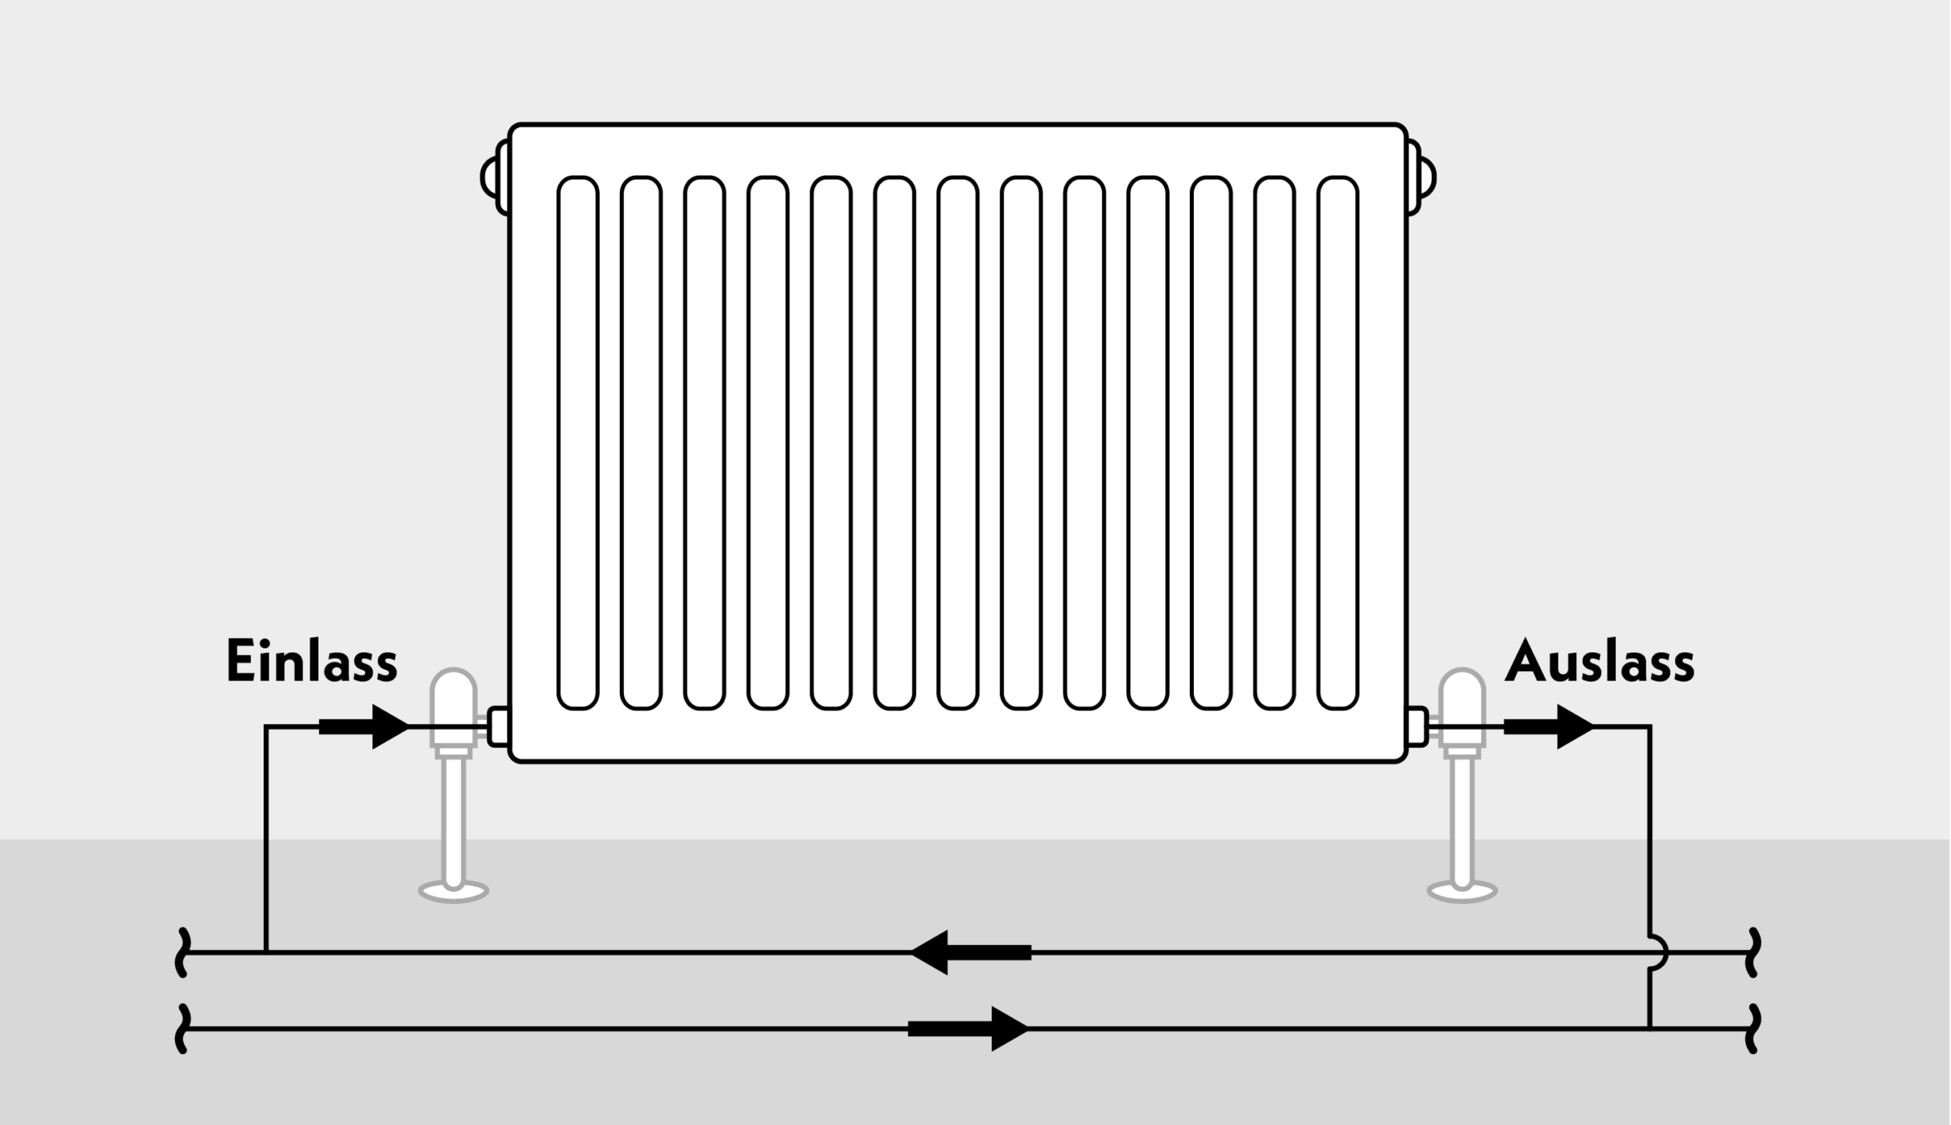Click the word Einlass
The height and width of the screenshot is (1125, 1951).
tap(312, 662)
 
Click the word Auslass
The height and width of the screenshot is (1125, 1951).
tap(1599, 662)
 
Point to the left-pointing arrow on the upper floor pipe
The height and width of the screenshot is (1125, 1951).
tap(971, 952)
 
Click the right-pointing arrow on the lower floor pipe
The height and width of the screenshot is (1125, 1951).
tap(968, 1028)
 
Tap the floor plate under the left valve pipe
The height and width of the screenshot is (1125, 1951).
tap(454, 891)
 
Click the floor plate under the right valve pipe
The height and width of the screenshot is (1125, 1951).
tap(1462, 891)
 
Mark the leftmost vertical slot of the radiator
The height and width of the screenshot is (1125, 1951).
tap(578, 443)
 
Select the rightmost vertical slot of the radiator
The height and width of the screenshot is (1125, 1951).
tap(1337, 443)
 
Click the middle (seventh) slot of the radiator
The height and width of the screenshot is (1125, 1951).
tap(958, 443)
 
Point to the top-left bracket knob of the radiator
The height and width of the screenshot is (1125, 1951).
tap(493, 177)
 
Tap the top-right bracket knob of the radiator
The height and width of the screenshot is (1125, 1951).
tap(1422, 177)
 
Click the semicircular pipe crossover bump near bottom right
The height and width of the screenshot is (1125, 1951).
tap(1659, 952)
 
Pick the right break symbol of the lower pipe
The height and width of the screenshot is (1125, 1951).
tap(1752, 1028)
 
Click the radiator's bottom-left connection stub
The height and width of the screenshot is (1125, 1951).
tap(498, 727)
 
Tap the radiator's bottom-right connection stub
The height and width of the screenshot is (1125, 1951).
tap(1417, 727)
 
